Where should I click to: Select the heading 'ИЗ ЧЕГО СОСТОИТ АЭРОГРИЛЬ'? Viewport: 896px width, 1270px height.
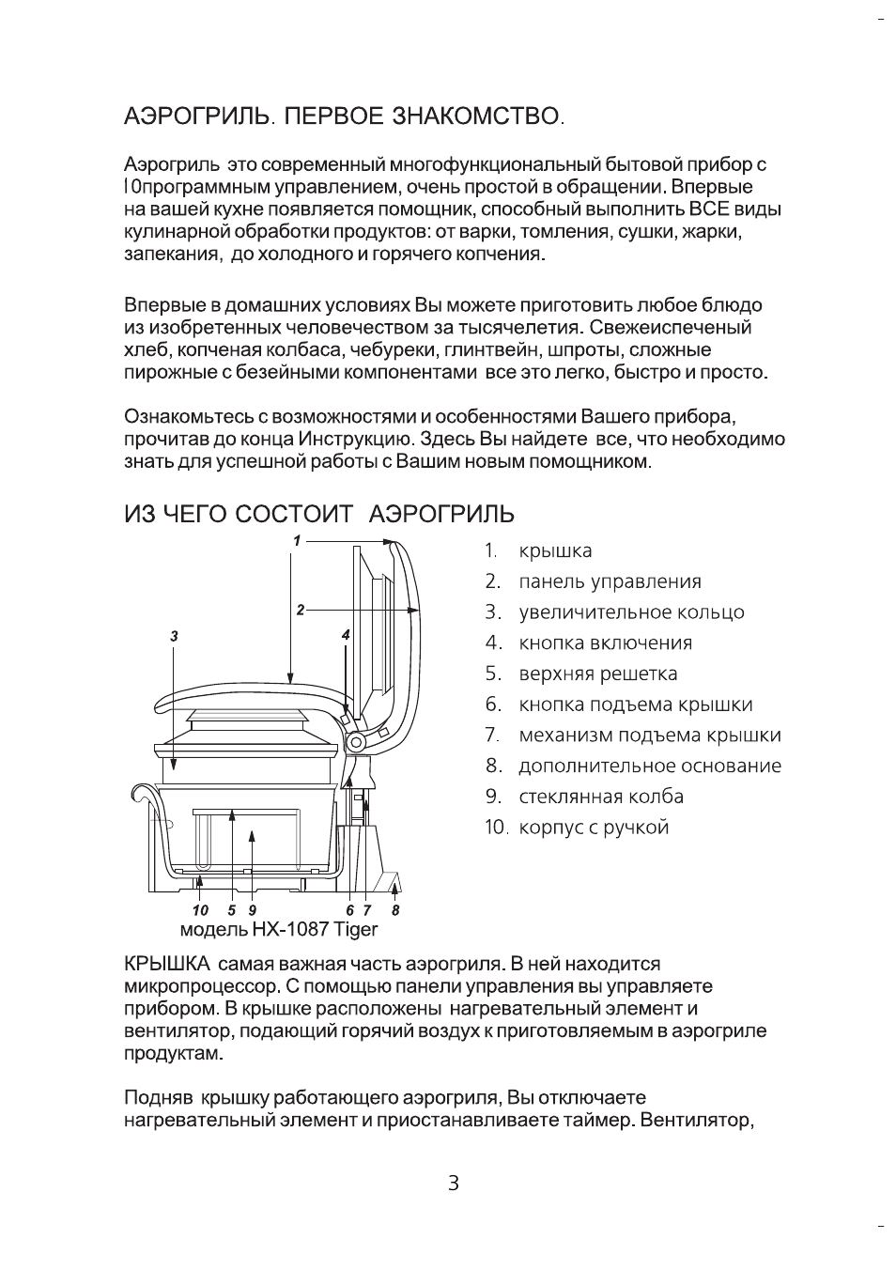tap(319, 514)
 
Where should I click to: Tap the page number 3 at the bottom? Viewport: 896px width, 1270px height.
tap(453, 1184)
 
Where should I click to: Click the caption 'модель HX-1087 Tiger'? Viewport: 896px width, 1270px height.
tap(278, 929)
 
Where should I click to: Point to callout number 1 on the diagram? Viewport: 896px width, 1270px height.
tap(296, 540)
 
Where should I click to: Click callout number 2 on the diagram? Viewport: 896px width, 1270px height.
tap(300, 610)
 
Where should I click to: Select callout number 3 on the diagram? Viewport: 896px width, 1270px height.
tap(174, 636)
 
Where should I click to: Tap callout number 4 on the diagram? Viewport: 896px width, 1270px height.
tap(346, 636)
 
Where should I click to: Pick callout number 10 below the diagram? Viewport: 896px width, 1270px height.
tap(199, 910)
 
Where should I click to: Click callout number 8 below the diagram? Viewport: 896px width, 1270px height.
tap(395, 910)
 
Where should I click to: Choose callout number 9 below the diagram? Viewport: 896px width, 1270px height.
tap(253, 910)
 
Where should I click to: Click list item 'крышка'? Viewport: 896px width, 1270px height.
tap(555, 551)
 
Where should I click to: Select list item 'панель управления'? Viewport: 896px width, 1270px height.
tap(610, 581)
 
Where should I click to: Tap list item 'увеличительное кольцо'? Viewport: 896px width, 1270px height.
tap(631, 612)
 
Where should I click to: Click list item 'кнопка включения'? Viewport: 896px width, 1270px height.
tap(605, 643)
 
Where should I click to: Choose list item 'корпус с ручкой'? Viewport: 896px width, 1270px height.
tap(594, 828)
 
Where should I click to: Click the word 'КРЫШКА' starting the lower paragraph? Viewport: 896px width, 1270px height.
tap(166, 964)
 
